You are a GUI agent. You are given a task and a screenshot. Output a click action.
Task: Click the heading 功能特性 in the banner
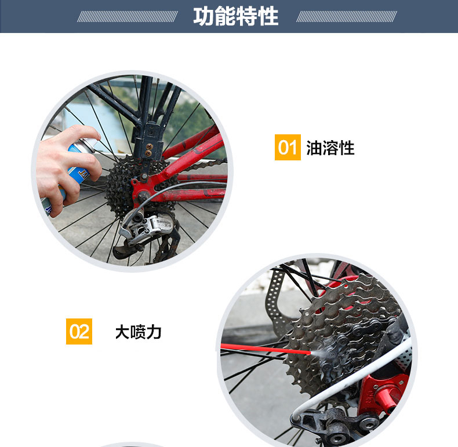(x=236, y=16)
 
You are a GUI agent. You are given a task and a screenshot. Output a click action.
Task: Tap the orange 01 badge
(x=288, y=147)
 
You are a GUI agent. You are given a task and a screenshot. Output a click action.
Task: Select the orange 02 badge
(x=79, y=331)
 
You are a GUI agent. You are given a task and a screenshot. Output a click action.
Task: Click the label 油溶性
(x=330, y=148)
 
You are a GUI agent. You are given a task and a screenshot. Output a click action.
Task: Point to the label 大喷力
(x=138, y=332)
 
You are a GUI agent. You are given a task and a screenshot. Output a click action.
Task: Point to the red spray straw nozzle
(x=265, y=349)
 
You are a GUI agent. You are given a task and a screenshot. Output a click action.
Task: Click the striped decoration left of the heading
(x=128, y=17)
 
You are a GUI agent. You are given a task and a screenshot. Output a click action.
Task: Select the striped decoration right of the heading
(x=347, y=17)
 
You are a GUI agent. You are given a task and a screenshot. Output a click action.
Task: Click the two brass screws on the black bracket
(x=149, y=150)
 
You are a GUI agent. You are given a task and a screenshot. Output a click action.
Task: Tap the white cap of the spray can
(x=90, y=144)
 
